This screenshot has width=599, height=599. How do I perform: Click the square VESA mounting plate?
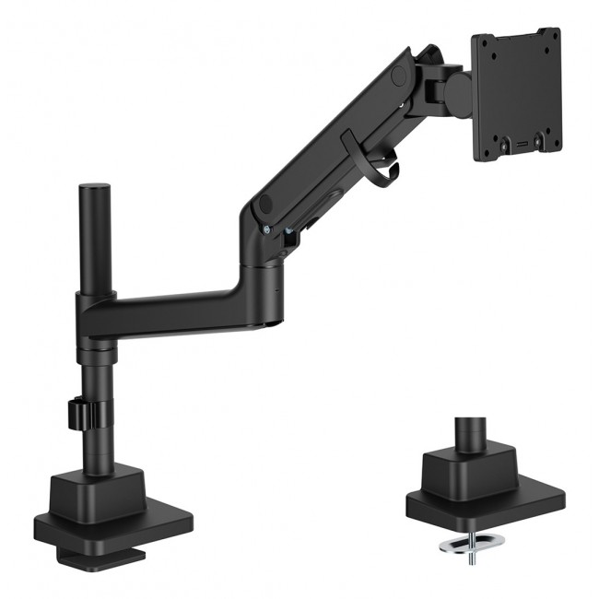click(516, 92)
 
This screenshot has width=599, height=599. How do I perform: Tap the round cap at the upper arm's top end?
click(402, 70)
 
